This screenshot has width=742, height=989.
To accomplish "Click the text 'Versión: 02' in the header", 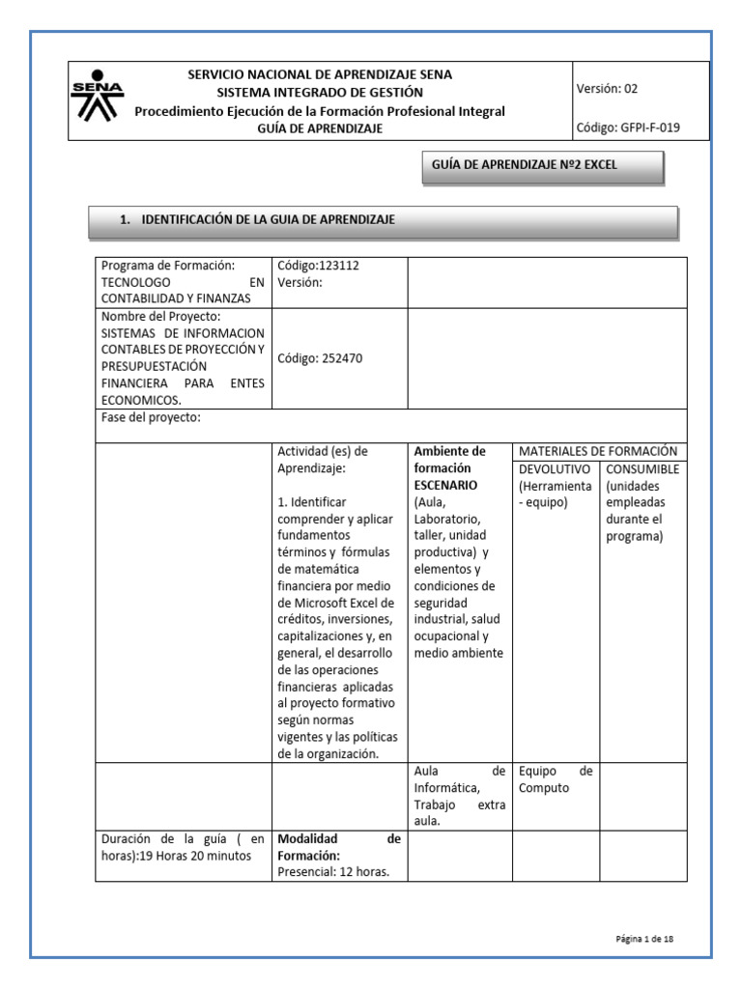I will point(607,88).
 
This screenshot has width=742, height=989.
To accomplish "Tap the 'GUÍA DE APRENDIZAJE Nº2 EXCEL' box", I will point(542,165).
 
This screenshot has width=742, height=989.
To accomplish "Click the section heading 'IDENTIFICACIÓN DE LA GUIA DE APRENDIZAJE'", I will point(268,220).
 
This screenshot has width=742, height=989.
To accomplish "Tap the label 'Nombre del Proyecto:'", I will point(161,317).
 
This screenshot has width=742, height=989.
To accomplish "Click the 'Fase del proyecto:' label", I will point(151,417).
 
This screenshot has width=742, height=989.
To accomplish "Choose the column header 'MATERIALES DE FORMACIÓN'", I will point(598,451).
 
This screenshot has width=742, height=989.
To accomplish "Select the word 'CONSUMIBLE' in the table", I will point(642,468).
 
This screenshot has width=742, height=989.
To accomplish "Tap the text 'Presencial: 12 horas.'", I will point(333,872).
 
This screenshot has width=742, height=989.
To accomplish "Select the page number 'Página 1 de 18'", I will point(650,938).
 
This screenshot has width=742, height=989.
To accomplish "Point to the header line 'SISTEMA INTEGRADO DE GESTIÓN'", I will point(319,93).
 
